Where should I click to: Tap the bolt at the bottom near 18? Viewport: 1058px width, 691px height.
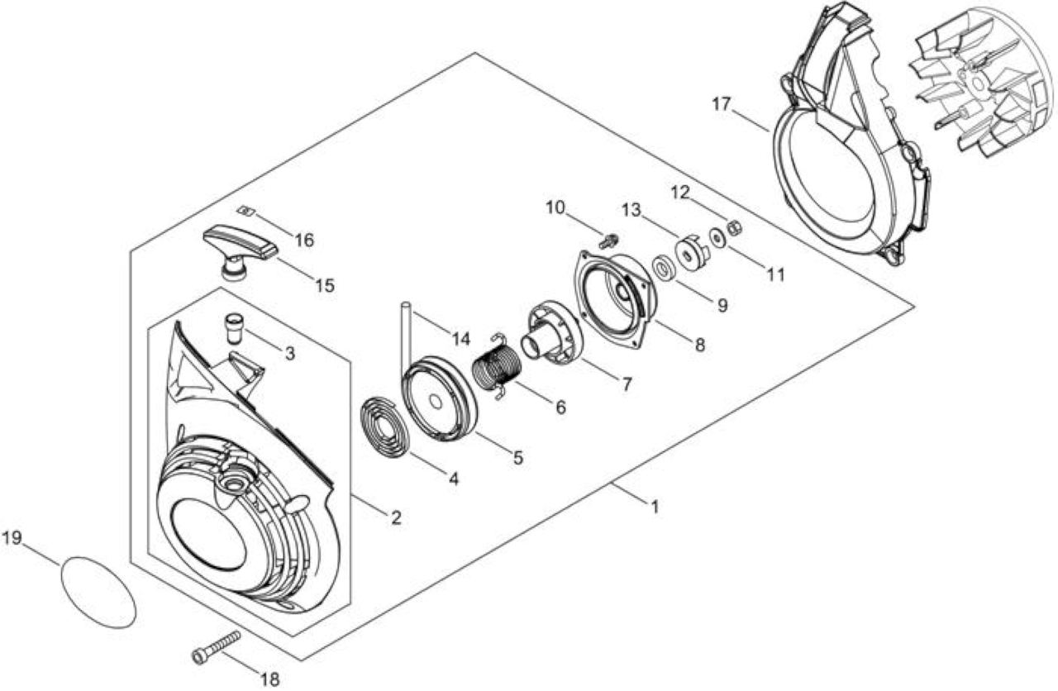point(217,647)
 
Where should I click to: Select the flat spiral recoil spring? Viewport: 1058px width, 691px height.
point(384,429)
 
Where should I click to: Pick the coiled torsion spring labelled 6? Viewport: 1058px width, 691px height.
point(498,368)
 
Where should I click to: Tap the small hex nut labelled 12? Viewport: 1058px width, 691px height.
point(736,227)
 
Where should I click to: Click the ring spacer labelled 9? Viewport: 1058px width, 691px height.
point(665,269)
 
